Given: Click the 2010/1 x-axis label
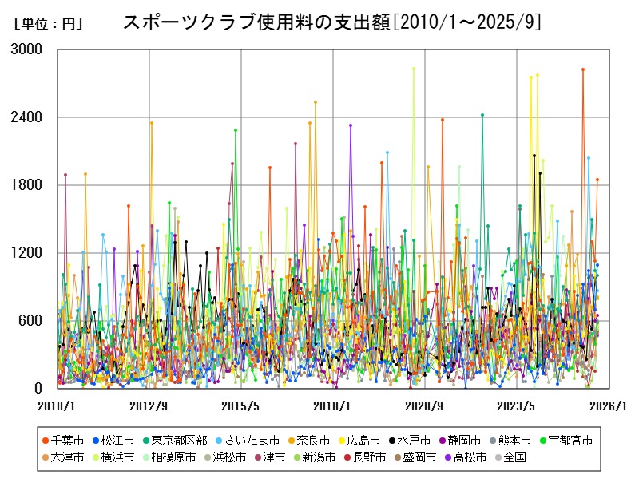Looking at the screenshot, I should click(x=57, y=406).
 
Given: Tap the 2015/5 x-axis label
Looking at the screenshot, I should click(x=240, y=406).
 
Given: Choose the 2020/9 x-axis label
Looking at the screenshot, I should click(x=425, y=406).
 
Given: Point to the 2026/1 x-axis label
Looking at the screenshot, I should click(x=609, y=406).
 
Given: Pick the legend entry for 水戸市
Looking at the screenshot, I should click(x=414, y=441).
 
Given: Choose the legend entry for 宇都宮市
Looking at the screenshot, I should click(x=572, y=441).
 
